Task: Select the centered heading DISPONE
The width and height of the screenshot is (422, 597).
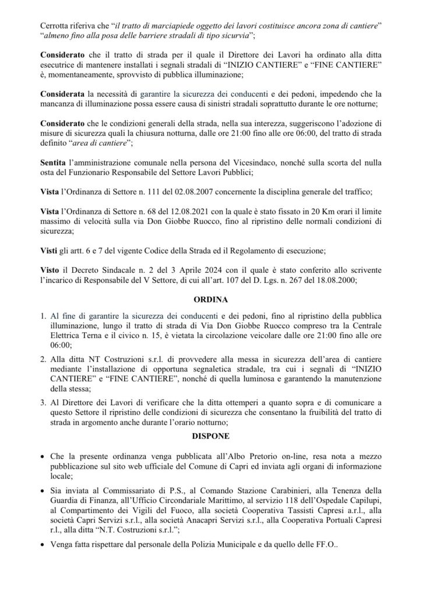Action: click(210, 436)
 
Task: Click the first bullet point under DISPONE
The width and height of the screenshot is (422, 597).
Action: click(44, 453)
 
